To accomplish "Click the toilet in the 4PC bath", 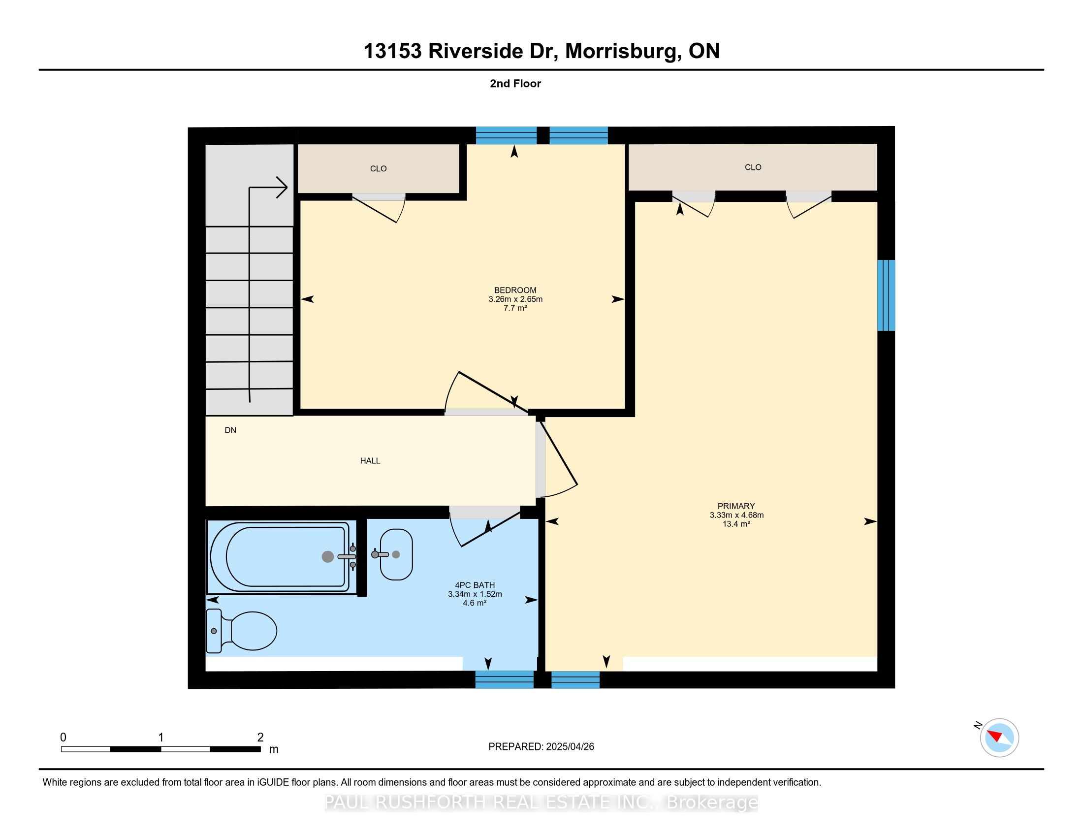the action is click(242, 630).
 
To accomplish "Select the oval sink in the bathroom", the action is click(396, 554).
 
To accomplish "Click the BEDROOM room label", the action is click(515, 290).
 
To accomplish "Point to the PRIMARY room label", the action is click(736, 506).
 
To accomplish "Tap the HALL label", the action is click(370, 461).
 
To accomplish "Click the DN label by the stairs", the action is click(230, 430).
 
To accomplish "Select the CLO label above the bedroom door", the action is click(379, 168).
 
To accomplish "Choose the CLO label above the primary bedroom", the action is click(753, 167).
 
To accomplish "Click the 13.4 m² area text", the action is click(736, 524).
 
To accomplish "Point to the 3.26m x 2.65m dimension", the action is click(515, 299).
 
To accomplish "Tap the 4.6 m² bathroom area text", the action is click(475, 603).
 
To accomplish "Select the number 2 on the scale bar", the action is click(260, 737).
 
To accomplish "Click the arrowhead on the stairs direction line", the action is click(282, 188).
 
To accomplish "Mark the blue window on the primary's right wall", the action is click(886, 295).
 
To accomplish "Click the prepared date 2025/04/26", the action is click(569, 747).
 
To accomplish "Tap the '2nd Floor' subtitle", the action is click(515, 83).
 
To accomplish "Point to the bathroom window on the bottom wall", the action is click(504, 679).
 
